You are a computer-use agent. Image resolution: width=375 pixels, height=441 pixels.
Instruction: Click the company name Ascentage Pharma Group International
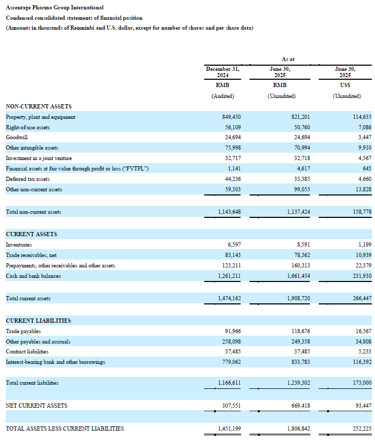(54, 7)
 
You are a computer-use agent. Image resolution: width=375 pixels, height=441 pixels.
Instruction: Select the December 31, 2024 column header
(222, 72)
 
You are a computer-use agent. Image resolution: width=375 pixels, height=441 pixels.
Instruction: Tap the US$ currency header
(345, 85)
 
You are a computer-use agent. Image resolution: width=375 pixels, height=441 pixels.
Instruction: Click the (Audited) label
(222, 96)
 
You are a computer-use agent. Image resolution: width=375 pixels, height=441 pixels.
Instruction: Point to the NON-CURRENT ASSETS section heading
(39, 106)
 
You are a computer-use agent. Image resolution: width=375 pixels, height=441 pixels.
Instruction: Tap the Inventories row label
(19, 244)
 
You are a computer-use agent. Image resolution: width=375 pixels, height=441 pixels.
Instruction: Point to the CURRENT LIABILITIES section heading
(39, 321)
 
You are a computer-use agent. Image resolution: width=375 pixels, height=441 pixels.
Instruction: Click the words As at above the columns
(288, 59)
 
